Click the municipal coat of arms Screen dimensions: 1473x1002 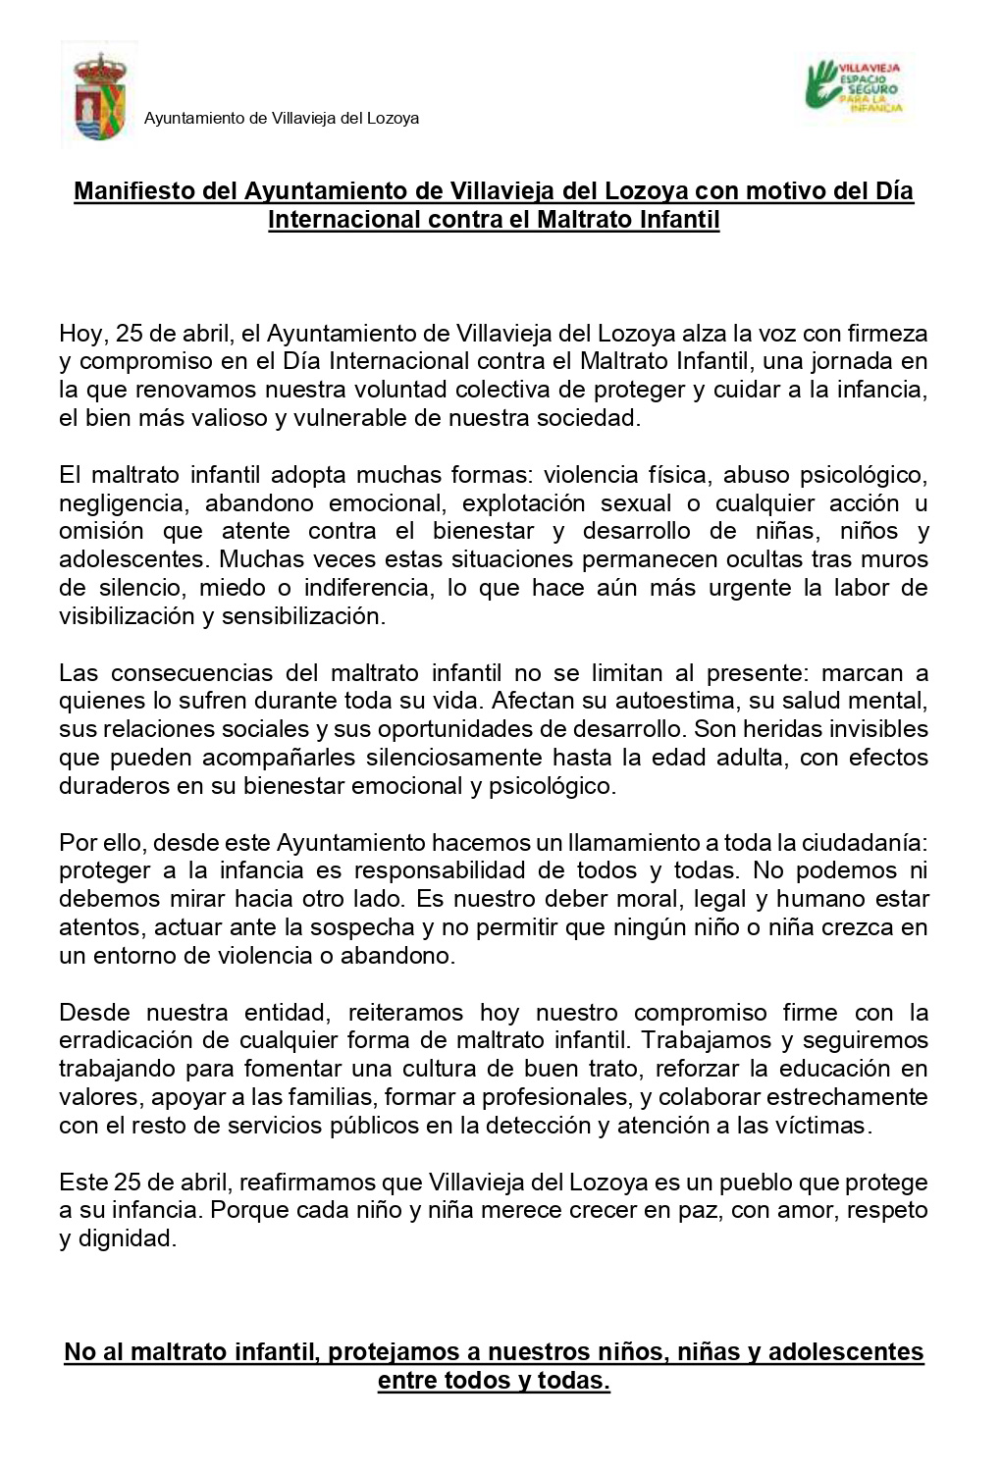click(99, 97)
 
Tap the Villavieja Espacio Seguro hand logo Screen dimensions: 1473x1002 click(852, 86)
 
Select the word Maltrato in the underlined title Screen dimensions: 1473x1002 click(584, 219)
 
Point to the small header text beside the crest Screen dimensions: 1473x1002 click(282, 119)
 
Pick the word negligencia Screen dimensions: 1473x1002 click(122, 503)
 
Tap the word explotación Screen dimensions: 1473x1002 click(531, 503)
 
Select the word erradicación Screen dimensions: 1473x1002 click(130, 1040)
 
